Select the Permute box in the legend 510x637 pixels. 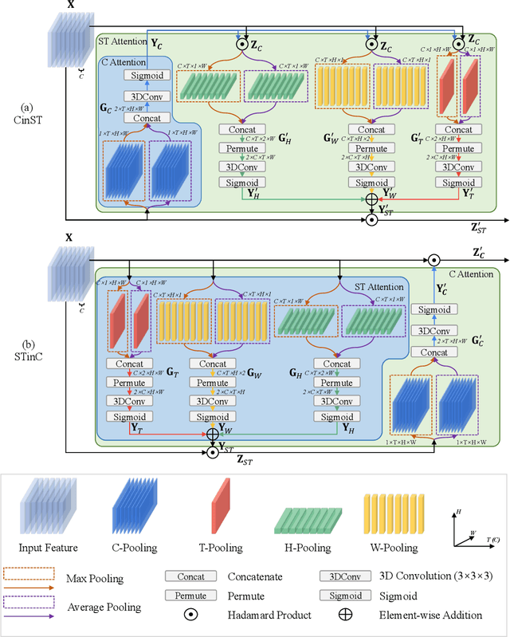click(190, 596)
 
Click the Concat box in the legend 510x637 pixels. click(190, 576)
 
